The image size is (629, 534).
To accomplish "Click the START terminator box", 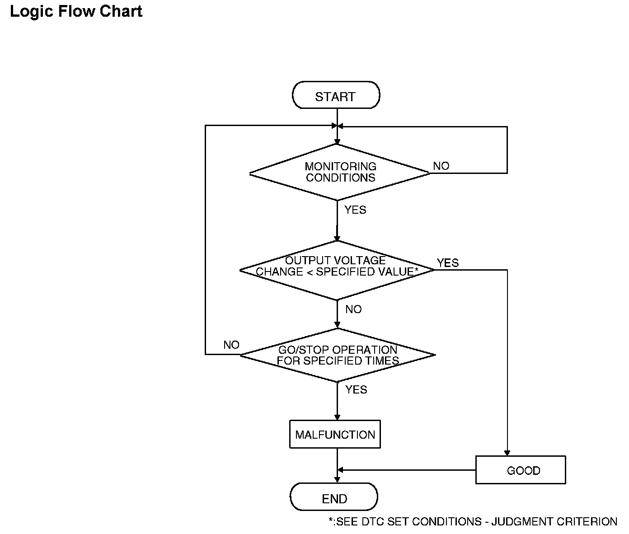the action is (x=336, y=95).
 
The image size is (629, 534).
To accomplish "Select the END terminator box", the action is (x=334, y=497).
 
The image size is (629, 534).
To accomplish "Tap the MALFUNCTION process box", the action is (x=335, y=434).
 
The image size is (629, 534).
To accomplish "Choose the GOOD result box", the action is (x=521, y=470).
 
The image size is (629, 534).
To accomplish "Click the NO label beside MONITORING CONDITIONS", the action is (x=441, y=166).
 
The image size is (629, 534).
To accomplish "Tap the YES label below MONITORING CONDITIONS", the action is (x=355, y=210).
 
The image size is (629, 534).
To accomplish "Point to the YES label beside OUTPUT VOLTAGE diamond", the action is (x=448, y=262).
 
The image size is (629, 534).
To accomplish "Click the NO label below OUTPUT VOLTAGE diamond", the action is (x=354, y=309).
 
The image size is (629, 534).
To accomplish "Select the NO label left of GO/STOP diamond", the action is (x=231, y=345).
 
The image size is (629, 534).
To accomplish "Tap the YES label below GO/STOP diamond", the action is (x=356, y=389).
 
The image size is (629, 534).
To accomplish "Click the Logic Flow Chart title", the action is (x=76, y=12).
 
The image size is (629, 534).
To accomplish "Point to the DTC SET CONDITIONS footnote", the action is (x=473, y=521).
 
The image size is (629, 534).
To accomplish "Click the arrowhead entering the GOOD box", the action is (x=507, y=453).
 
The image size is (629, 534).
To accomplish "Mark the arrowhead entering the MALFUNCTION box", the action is (x=337, y=417).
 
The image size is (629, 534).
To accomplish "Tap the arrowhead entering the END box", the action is (x=337, y=480).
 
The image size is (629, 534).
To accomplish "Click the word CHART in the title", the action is (x=121, y=11).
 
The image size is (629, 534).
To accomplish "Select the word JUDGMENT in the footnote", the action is (x=522, y=521).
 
